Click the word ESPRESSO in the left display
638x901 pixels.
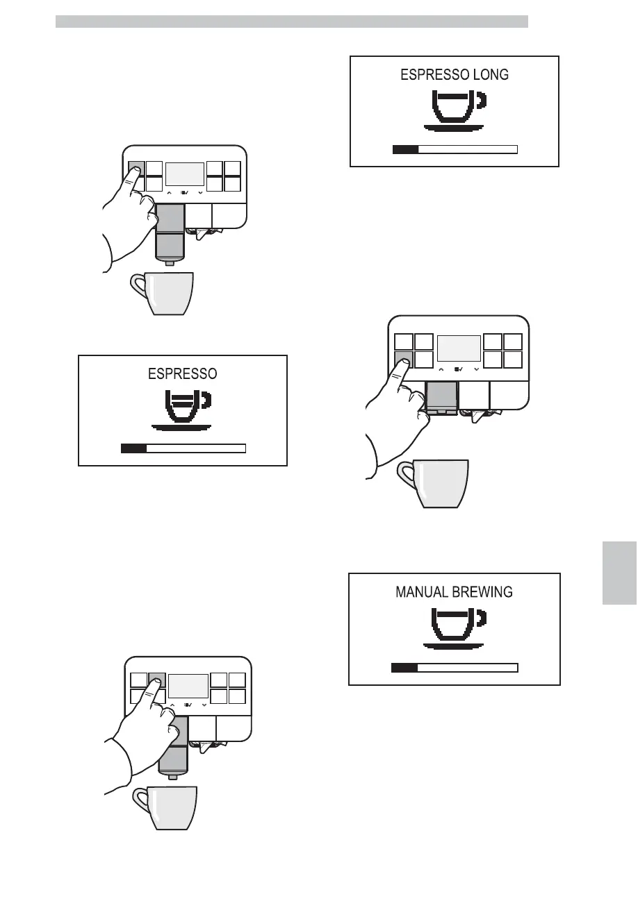pos(183,373)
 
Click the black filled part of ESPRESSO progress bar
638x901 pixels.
pos(133,448)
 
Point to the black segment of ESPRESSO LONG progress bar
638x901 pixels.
pos(405,149)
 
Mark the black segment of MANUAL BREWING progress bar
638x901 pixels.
pos(404,668)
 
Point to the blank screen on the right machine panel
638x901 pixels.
pos(458,348)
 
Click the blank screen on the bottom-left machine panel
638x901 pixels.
pos(188,685)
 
